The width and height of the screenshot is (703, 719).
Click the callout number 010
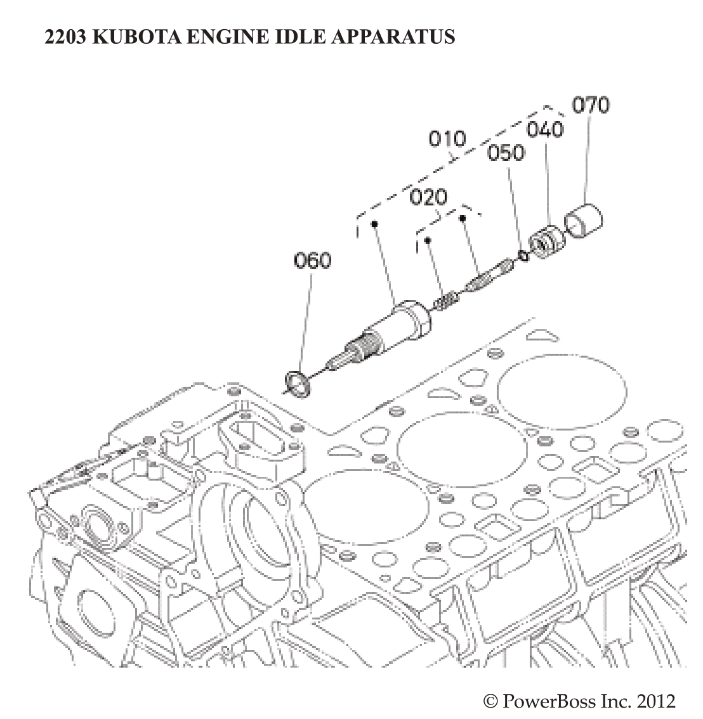point(447,138)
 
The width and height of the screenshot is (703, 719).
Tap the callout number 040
point(545,129)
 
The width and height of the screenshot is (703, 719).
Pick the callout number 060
point(312,260)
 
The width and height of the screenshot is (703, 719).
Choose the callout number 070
point(591,104)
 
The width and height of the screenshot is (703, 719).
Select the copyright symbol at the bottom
point(490,701)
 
